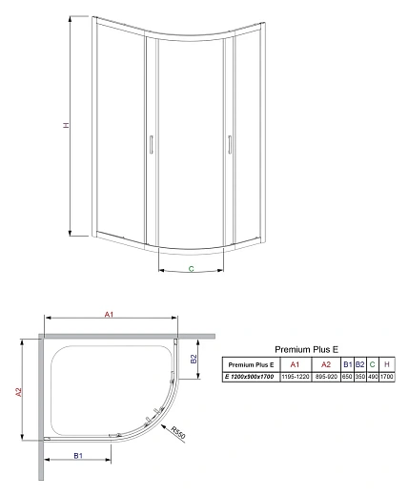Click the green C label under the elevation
click(191, 270)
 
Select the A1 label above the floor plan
click(110, 316)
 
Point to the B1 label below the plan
click(77, 457)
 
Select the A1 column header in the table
click(295, 364)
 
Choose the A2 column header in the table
click(325, 364)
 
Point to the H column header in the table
click(387, 364)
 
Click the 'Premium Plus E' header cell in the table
click(250, 364)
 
